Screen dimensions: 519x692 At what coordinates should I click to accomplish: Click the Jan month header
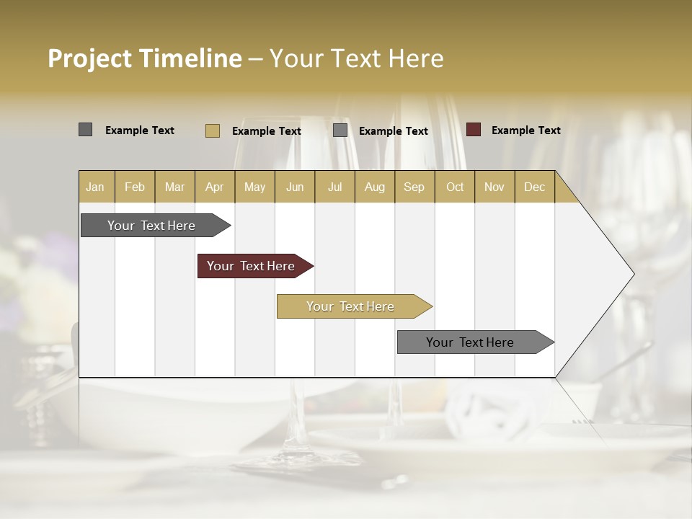pyautogui.click(x=95, y=187)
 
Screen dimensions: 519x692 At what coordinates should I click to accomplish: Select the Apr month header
pyautogui.click(x=215, y=187)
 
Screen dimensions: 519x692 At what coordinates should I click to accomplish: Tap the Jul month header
pyautogui.click(x=334, y=187)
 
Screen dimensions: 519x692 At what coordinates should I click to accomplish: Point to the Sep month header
pyautogui.click(x=414, y=187)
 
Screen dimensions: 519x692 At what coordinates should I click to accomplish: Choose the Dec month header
pyautogui.click(x=534, y=187)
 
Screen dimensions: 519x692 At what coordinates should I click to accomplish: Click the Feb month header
pyautogui.click(x=135, y=187)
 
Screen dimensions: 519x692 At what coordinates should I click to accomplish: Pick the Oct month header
pyautogui.click(x=455, y=187)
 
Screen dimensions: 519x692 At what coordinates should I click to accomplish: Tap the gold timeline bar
pyautogui.click(x=351, y=306)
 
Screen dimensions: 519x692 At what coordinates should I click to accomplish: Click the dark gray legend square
pyautogui.click(x=86, y=130)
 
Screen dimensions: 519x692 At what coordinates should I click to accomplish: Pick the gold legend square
pyautogui.click(x=213, y=130)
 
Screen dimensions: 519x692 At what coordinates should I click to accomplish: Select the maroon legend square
pyautogui.click(x=474, y=130)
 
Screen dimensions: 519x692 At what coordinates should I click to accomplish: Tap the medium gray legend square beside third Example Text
pyautogui.click(x=340, y=130)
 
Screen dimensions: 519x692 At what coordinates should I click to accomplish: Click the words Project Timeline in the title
pyautogui.click(x=145, y=58)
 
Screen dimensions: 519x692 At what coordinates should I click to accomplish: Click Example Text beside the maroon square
pyautogui.click(x=525, y=130)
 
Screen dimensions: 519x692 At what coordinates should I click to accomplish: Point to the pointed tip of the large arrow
pyautogui.click(x=633, y=274)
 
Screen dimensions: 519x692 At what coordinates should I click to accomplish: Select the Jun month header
pyautogui.click(x=295, y=187)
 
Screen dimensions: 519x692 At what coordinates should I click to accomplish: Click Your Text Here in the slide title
pyautogui.click(x=357, y=58)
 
